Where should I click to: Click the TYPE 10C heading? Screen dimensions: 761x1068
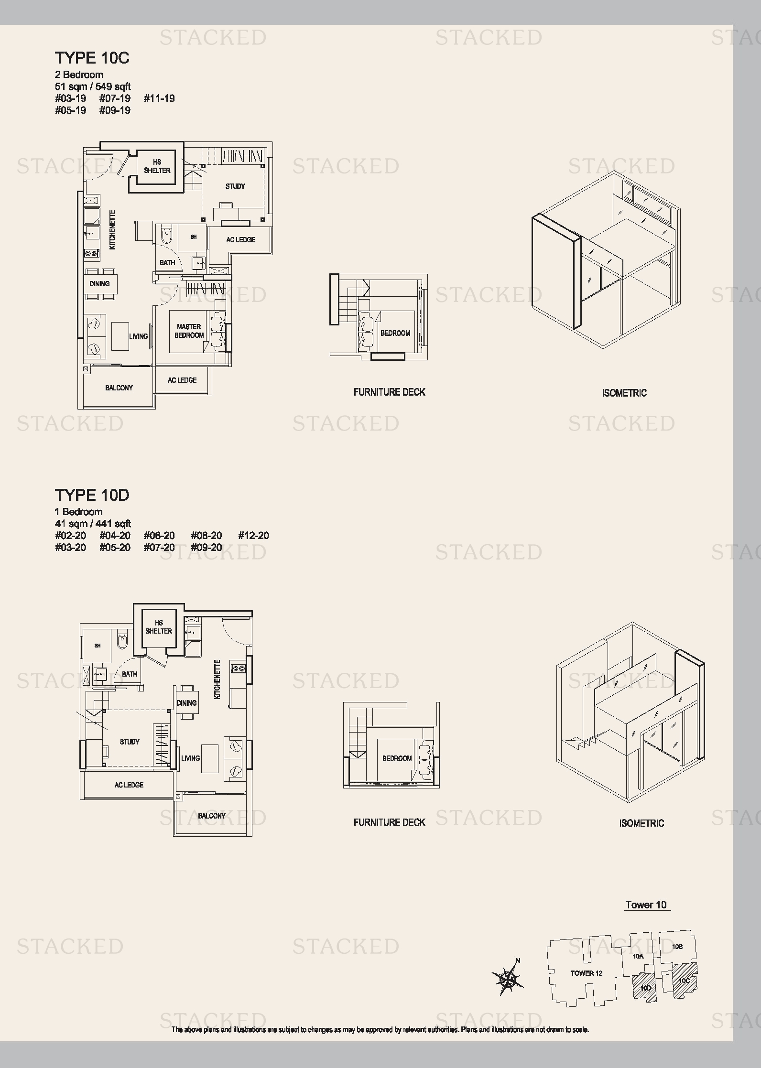(92, 58)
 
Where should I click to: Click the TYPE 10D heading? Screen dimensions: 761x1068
(92, 495)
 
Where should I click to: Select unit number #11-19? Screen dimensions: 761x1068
(159, 98)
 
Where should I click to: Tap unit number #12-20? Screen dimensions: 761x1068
(254, 536)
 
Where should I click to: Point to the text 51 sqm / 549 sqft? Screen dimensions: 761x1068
(93, 86)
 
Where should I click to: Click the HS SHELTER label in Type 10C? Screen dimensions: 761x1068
(157, 166)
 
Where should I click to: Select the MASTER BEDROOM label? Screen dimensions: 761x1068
(189, 331)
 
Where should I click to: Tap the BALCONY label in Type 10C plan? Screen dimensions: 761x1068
(119, 388)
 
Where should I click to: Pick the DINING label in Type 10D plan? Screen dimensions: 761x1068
(186, 703)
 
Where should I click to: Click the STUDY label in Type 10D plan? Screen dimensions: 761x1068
(130, 742)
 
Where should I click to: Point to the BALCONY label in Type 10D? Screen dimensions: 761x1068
(212, 816)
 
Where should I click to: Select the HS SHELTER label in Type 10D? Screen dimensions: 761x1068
(159, 627)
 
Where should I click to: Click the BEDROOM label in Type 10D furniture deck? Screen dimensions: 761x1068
(397, 758)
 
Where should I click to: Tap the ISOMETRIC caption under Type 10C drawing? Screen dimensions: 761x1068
(624, 393)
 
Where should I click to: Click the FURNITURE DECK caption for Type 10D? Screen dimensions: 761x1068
(390, 822)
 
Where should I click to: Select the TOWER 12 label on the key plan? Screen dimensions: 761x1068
(586, 973)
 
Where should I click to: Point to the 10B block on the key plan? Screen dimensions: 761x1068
(677, 947)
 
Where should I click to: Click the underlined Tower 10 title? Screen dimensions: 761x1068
(646, 905)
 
